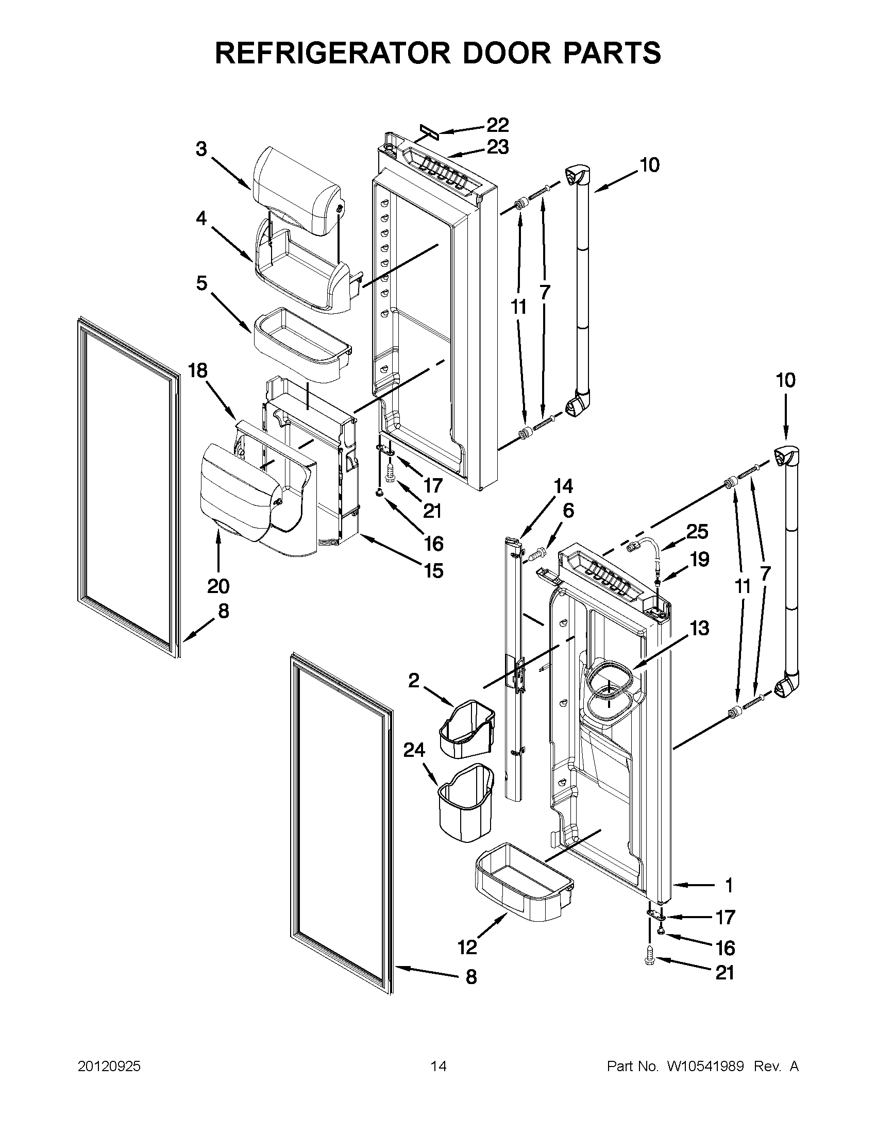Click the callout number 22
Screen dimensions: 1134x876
click(497, 125)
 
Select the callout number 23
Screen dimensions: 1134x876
click(497, 147)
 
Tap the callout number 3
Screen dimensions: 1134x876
click(201, 149)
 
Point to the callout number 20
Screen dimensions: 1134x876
click(218, 586)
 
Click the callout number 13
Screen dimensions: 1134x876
click(699, 628)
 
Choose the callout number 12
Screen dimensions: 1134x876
click(467, 947)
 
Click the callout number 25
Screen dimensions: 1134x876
click(697, 531)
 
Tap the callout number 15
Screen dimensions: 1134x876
click(433, 571)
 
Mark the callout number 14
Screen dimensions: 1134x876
click(563, 486)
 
